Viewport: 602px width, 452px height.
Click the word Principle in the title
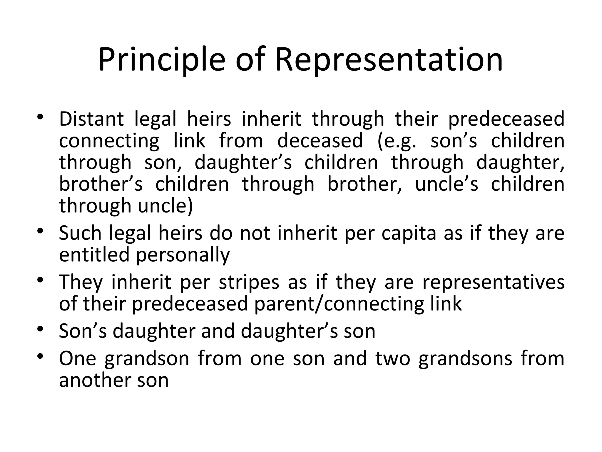[161, 60]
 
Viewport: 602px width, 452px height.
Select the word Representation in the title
[389, 60]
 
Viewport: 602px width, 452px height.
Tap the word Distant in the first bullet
[91, 119]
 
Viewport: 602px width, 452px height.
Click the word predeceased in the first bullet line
[506, 119]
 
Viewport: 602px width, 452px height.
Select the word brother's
[101, 184]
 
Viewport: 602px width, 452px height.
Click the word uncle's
[447, 184]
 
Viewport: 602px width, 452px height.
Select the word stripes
[249, 282]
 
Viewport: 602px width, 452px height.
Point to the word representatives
[493, 282]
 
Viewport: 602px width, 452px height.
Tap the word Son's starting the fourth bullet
[83, 331]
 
